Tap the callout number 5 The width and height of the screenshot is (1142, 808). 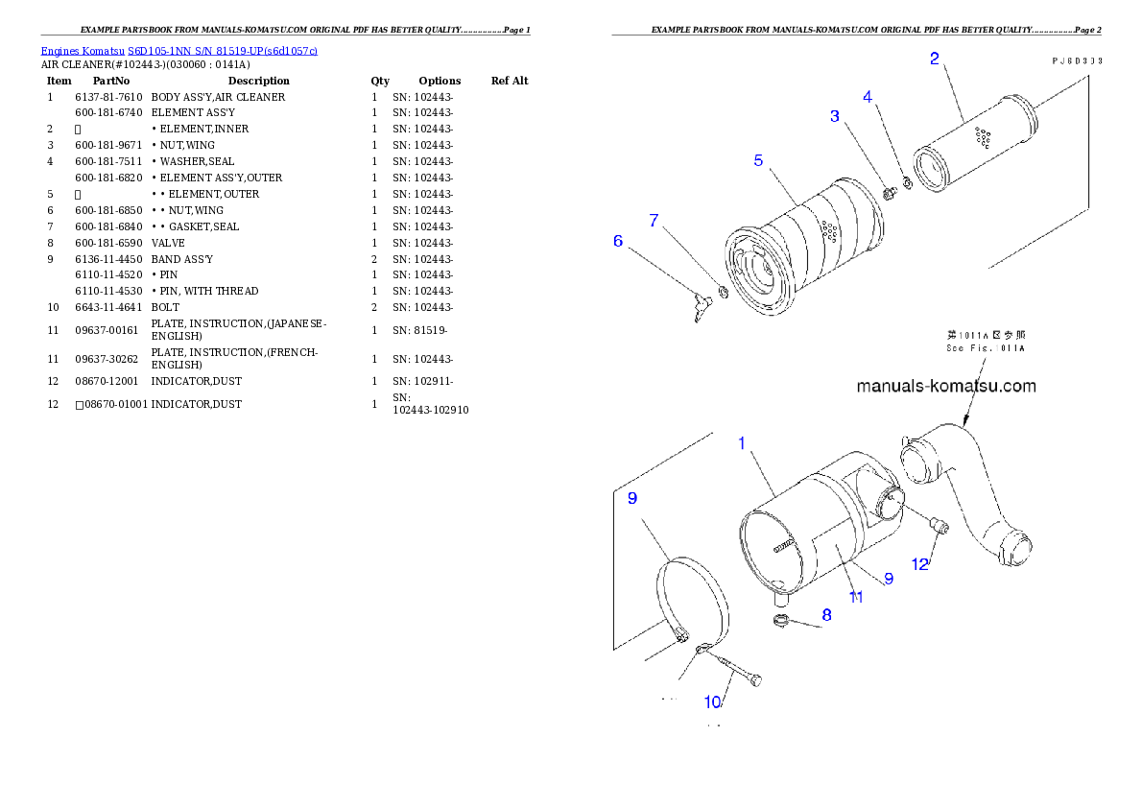[x=758, y=160]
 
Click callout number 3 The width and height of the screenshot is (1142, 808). [x=835, y=116]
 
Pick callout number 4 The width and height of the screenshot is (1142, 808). [x=868, y=97]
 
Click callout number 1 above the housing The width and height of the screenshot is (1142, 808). [x=741, y=443]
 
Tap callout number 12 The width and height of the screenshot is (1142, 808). [x=920, y=564]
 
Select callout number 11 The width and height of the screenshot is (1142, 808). [x=855, y=597]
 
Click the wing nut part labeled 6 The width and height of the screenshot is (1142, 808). [x=704, y=309]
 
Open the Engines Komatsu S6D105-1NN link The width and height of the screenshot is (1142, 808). [x=178, y=51]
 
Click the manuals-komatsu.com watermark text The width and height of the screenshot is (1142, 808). [x=945, y=387]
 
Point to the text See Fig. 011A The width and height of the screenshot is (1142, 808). [x=986, y=348]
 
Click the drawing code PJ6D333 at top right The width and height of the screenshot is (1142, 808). [x=1075, y=59]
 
